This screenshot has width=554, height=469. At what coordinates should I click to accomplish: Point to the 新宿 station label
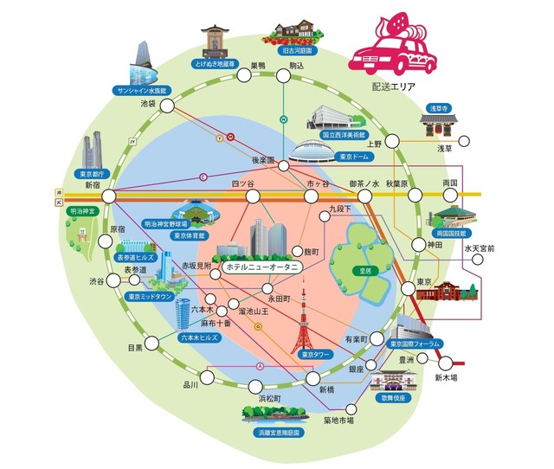(x=93, y=185)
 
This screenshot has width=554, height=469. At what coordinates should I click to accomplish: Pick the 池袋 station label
(x=149, y=103)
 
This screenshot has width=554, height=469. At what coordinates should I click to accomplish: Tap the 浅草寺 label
(x=437, y=108)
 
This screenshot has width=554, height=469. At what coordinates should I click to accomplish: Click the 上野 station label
(x=373, y=144)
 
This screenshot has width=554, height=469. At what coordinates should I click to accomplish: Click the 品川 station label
(x=190, y=384)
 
